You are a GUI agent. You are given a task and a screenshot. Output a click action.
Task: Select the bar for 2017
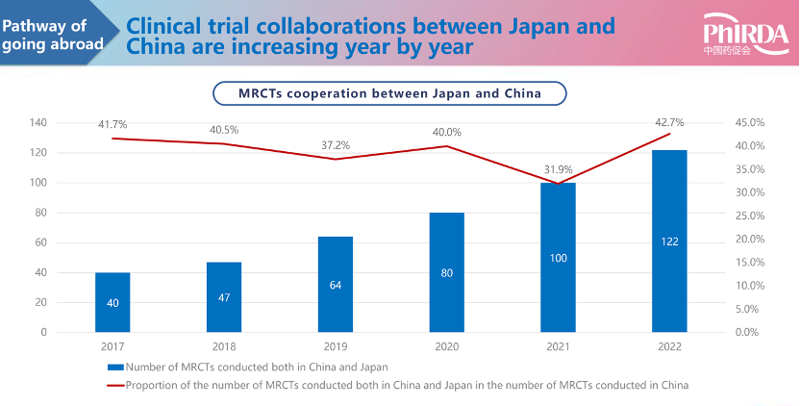112,302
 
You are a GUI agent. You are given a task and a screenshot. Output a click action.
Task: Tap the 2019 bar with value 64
336,284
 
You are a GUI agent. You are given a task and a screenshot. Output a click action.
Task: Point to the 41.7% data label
112,124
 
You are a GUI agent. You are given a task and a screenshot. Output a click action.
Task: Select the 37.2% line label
336,145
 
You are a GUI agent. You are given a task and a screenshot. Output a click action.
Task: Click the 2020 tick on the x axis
446,345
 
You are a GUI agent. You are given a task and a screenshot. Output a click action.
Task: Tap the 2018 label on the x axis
223,345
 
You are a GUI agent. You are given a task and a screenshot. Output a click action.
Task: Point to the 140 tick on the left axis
38,123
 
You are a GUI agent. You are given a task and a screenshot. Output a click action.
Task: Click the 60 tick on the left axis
41,242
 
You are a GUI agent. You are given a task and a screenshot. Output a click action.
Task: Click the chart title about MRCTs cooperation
389,93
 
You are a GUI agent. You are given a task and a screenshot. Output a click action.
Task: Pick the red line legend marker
115,385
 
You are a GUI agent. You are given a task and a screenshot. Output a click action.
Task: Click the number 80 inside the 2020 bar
446,272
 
